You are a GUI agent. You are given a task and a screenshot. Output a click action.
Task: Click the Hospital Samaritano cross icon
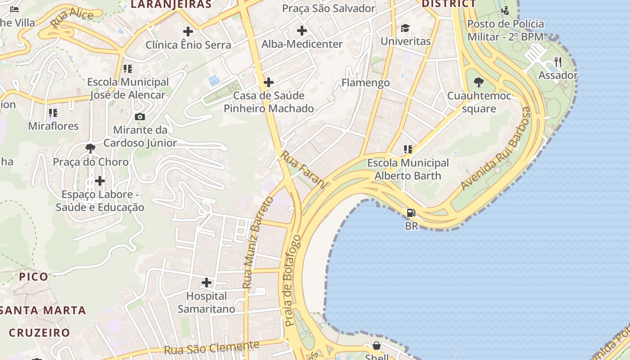207,283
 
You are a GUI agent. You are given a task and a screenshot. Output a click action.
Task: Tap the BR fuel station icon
411,213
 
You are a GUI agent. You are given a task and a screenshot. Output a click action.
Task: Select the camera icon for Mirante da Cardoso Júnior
140,117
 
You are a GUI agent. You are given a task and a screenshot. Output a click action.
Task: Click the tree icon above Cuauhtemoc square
479,82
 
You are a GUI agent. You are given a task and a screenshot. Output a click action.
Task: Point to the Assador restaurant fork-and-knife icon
558,62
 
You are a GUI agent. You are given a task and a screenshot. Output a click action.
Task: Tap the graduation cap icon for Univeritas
405,28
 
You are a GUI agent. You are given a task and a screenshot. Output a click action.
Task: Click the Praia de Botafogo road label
292,280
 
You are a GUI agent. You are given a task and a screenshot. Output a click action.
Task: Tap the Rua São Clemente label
211,347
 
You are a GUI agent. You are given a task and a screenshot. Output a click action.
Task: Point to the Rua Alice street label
72,18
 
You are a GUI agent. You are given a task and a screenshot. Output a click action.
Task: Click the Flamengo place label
365,83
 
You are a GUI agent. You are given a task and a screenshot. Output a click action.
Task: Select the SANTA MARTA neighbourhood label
43,310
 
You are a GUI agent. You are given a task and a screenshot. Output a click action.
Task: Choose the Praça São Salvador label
328,8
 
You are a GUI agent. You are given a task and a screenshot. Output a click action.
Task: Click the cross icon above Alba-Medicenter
302,31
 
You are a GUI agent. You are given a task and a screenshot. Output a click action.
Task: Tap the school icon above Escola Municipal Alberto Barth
408,149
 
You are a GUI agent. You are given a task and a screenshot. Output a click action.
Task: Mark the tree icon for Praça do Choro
90,148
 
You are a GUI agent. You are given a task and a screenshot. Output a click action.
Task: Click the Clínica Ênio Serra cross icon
188,31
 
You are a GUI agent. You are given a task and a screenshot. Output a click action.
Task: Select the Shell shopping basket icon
377,346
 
